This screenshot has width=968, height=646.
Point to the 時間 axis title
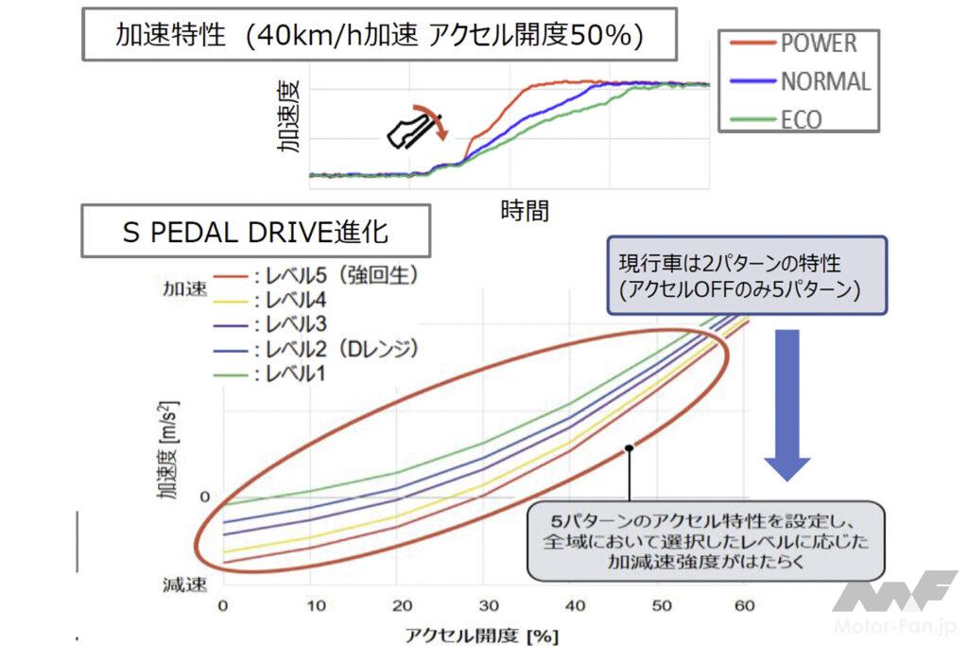524,210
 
